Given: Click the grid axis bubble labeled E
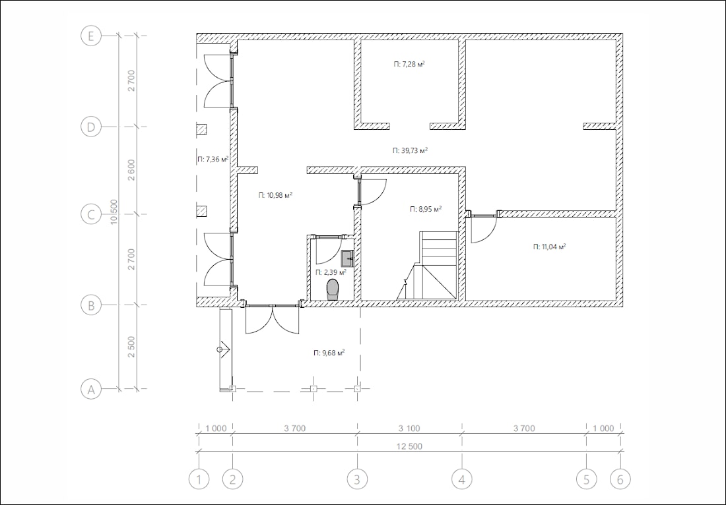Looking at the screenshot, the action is (91, 36).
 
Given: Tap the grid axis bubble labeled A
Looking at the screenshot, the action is (91, 390).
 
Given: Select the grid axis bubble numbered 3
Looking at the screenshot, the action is (357, 479).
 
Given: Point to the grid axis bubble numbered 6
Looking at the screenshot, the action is (620, 479).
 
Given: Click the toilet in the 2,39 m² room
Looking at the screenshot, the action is (333, 289).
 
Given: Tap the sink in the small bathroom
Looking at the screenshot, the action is (347, 258).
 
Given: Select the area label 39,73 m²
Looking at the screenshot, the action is (410, 150).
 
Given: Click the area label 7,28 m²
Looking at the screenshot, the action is (409, 64).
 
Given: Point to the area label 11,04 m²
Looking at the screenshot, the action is (550, 247).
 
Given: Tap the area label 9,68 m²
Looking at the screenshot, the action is (329, 353).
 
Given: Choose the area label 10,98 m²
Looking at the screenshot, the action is (275, 195).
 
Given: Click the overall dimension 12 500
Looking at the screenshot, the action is (410, 446).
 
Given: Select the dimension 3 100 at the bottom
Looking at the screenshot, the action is (409, 429).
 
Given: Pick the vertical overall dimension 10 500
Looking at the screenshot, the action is (114, 212).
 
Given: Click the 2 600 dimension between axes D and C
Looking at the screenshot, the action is (131, 169).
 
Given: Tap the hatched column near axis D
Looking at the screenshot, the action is (201, 129).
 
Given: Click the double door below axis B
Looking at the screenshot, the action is (272, 319).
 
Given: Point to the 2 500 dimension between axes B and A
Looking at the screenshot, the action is (131, 347).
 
